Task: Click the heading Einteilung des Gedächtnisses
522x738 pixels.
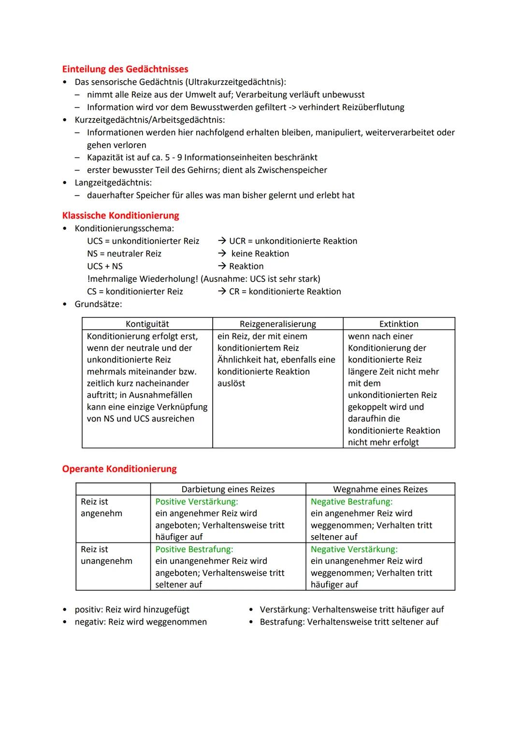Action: pos(125,69)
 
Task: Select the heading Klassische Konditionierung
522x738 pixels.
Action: pos(120,215)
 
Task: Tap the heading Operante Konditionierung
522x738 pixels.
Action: pos(119,469)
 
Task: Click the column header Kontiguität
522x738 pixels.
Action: pos(147,324)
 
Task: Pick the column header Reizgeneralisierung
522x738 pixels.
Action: pos(278,324)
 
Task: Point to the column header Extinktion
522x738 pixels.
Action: pos(399,324)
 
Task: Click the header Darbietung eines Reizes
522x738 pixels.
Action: pos(228,489)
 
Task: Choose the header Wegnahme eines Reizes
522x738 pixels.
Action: pos(380,489)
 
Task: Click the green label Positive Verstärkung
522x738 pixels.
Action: pos(197,502)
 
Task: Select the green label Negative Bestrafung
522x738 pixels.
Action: pos(351,502)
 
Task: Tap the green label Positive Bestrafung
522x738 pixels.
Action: pos(194,549)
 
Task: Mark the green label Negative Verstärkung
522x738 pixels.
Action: pos(354,549)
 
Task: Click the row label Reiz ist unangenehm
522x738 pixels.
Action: pos(106,555)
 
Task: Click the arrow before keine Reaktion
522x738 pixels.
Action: pos(222,254)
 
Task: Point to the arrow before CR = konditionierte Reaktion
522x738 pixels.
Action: pos(222,291)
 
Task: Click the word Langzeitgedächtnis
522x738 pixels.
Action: pos(113,183)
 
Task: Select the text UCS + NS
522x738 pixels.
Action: pos(105,266)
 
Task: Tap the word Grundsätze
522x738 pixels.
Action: pos(98,304)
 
